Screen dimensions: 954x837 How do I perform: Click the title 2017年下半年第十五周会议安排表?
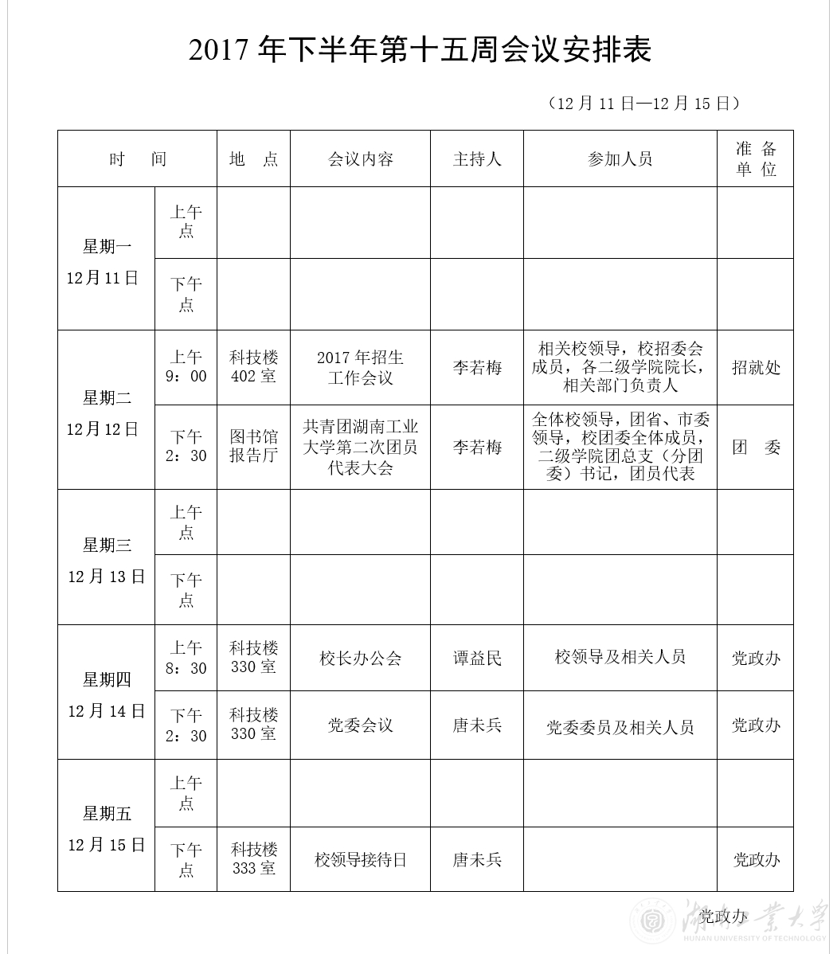pyautogui.click(x=420, y=50)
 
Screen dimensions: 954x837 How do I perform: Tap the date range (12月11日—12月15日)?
pyautogui.click(x=644, y=104)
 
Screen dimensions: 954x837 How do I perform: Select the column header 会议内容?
pyautogui.click(x=360, y=159)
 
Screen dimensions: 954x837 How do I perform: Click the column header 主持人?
pyautogui.click(x=477, y=159)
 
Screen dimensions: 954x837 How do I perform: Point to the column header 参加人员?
pyautogui.click(x=620, y=159)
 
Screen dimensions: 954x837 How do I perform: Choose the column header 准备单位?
pyautogui.click(x=755, y=159)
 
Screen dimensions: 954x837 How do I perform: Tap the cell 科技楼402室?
pyautogui.click(x=253, y=367)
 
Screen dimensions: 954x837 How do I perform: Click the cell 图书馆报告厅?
pyautogui.click(x=253, y=447)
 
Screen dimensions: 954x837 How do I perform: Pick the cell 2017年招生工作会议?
pyautogui.click(x=360, y=367)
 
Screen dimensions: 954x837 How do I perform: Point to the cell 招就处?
pyautogui.click(x=755, y=368)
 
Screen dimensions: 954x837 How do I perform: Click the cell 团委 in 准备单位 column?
pyautogui.click(x=755, y=448)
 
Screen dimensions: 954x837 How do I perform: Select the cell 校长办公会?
pyautogui.click(x=360, y=659)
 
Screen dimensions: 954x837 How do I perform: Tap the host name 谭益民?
pyautogui.click(x=477, y=659)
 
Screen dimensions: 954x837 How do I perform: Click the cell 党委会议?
pyautogui.click(x=360, y=725)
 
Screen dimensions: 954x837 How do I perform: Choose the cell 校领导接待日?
pyautogui.click(x=360, y=860)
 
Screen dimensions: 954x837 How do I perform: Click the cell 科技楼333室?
pyautogui.click(x=253, y=859)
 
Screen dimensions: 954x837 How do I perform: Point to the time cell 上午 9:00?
pyautogui.click(x=186, y=367)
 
